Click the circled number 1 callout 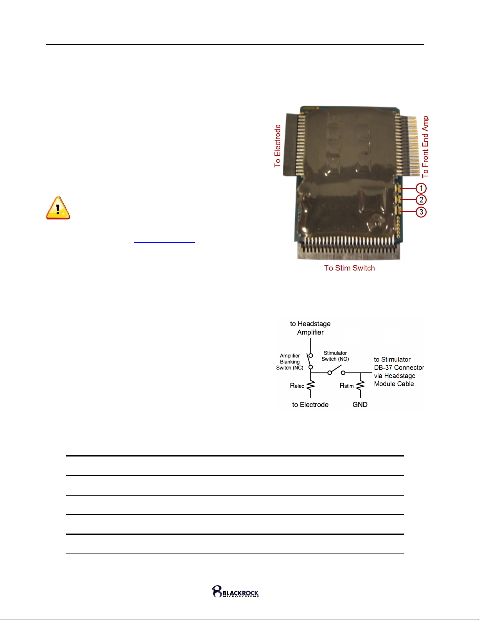421,188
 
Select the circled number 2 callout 421,200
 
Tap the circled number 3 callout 421,212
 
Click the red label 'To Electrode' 277,146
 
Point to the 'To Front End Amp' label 425,147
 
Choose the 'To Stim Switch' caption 349,268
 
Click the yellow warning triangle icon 58,208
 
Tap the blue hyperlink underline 164,243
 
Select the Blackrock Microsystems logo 235,591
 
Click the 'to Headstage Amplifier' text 310,328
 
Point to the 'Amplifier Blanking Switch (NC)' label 290,361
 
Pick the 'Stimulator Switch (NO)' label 335,356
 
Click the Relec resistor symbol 310,385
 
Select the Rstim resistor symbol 361,385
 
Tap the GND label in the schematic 360,404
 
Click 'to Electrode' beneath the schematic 310,404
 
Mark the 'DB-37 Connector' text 399,367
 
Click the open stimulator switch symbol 336,370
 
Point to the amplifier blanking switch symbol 310,361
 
